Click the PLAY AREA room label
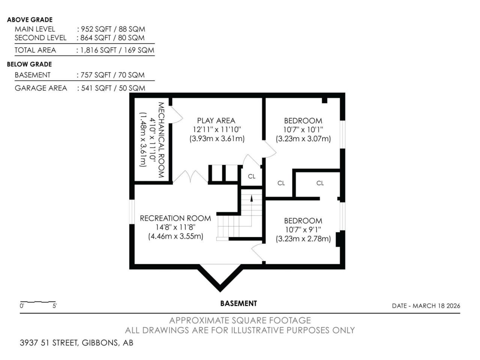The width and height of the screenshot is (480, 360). click(216, 121)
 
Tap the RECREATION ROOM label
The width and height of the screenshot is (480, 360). click(175, 218)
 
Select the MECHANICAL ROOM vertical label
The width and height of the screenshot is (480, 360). click(161, 140)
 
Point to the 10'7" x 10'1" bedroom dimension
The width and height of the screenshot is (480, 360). click(303, 130)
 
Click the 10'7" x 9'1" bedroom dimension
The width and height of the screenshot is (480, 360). click(303, 229)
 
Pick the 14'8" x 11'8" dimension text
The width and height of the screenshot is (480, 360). click(175, 227)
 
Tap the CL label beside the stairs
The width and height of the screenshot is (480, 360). click(252, 176)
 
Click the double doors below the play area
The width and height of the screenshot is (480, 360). click(190, 177)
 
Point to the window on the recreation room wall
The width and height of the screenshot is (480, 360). click(132, 211)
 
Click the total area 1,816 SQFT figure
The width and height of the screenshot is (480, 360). click(98, 50)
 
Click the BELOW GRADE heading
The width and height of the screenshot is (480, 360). click(30, 64)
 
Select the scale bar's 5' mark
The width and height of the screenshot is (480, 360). click(54, 306)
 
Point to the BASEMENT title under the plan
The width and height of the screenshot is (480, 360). click(238, 303)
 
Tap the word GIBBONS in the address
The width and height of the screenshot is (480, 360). click(100, 343)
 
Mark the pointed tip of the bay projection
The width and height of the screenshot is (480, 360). click(220, 292)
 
